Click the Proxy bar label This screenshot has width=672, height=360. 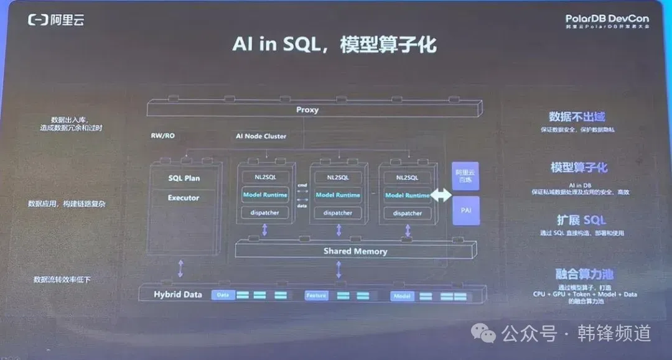tap(307, 110)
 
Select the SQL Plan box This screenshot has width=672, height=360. tap(184, 178)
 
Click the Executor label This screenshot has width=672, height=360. tap(184, 198)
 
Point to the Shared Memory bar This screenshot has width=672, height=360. tap(355, 251)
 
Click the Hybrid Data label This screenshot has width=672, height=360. tap(178, 294)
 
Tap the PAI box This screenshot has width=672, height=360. tap(466, 211)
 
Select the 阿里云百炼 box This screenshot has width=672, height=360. tap(466, 176)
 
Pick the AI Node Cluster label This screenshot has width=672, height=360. tap(261, 136)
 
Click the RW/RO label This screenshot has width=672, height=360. tap(163, 136)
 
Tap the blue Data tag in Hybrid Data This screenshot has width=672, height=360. tap(223, 295)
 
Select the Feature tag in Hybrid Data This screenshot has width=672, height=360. tap(316, 295)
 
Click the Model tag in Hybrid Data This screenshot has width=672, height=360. tap(402, 296)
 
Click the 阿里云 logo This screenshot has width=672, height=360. tap(56, 20)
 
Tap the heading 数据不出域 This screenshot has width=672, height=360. tap(577, 117)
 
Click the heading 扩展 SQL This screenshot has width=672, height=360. tap(581, 220)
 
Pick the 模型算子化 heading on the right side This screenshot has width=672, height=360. tap(579, 168)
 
